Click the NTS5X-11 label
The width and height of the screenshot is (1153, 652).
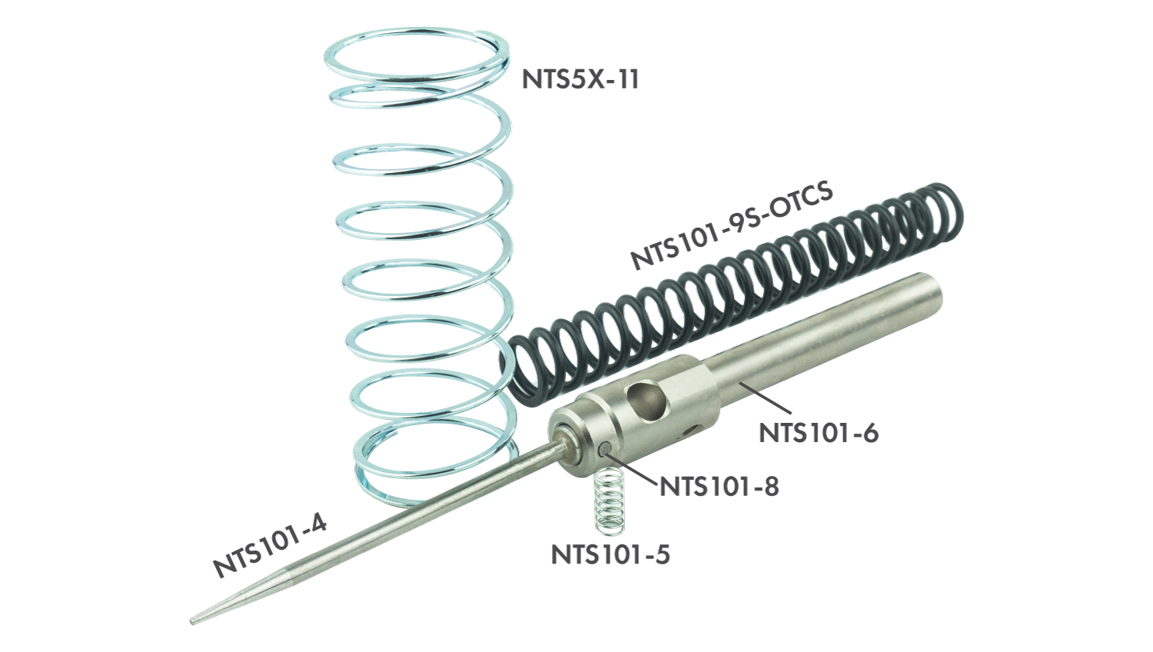(580, 79)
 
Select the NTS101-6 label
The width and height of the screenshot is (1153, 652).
(818, 433)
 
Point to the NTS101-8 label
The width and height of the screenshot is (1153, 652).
(719, 487)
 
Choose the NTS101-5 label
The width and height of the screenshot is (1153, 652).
(610, 554)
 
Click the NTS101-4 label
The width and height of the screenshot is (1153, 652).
(270, 546)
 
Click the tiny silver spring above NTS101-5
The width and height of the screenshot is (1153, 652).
(610, 501)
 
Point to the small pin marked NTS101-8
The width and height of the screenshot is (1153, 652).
(606, 448)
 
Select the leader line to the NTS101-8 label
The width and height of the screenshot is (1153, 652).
(634, 470)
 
